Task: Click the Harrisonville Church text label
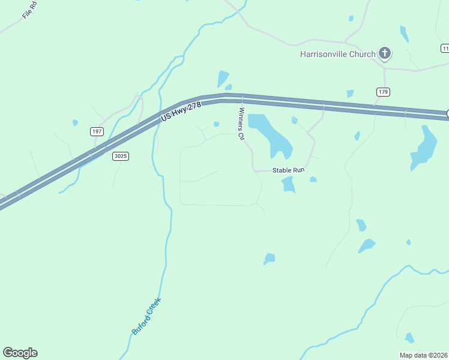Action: (337, 54)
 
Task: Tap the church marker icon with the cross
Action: (385, 54)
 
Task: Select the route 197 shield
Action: (97, 131)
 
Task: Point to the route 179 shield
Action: (384, 92)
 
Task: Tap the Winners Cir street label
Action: (242, 124)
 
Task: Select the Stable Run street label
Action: (289, 170)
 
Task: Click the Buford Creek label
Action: (146, 316)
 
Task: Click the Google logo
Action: (20, 353)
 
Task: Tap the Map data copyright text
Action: (424, 355)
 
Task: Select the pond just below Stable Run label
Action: (289, 185)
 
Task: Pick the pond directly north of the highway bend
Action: (223, 79)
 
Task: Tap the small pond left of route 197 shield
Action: (75, 123)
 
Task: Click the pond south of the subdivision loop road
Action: (270, 259)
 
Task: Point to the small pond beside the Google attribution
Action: (409, 338)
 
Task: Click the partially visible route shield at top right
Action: (445, 48)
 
